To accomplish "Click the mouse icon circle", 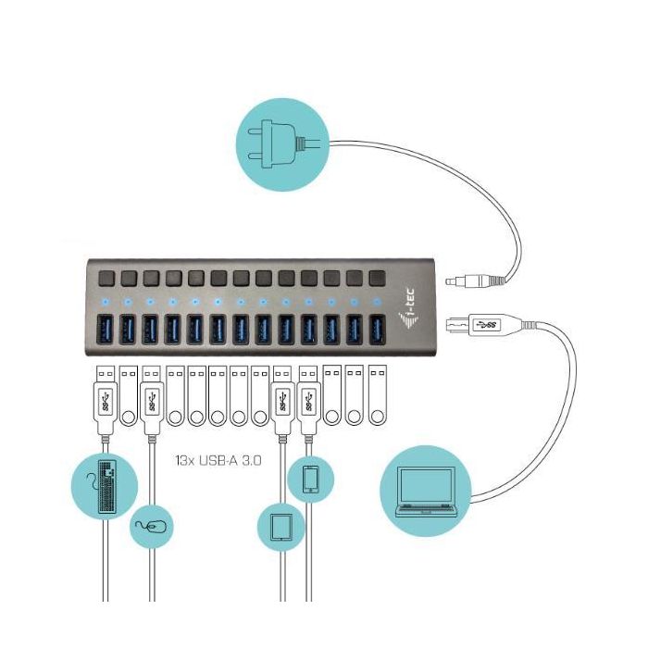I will point(151,526).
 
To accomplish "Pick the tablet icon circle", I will point(280,527).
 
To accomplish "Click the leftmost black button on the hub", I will point(105,277).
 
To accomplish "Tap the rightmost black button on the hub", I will point(376,277).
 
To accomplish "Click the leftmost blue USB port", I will point(105,330).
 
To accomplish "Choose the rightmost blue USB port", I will point(376,330).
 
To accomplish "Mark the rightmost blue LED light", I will point(376,302).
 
